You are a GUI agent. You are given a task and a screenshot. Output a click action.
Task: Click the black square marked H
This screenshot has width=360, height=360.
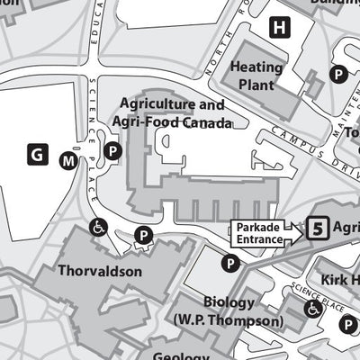(283, 28)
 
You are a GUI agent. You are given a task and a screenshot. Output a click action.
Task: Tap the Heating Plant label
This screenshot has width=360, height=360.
(256, 76)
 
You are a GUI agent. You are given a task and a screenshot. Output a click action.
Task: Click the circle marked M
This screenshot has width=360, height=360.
(68, 160)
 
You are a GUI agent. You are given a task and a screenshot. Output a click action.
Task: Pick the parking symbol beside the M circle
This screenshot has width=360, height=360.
(112, 152)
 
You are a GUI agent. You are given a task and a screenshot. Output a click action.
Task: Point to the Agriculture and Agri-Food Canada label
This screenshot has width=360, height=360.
(171, 112)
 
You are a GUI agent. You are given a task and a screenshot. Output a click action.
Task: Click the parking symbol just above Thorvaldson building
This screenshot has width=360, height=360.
(142, 236)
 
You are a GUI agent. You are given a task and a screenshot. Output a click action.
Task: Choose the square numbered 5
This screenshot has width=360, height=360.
(316, 229)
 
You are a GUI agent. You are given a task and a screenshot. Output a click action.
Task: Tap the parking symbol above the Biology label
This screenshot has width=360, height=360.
(230, 264)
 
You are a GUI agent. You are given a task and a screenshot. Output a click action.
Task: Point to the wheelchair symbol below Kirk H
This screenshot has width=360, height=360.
(313, 309)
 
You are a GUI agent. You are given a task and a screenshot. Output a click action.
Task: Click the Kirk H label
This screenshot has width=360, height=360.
(339, 280)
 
